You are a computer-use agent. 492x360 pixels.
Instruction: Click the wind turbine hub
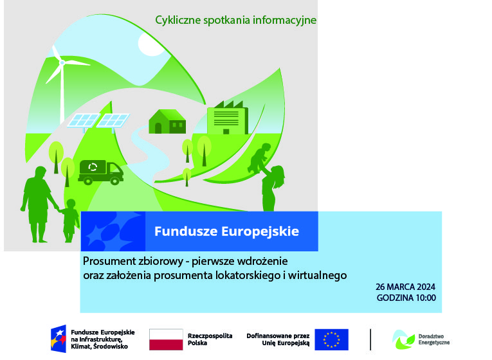point(62,63)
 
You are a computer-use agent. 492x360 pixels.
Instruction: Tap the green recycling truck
point(101,172)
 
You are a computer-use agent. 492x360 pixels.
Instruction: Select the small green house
point(167,122)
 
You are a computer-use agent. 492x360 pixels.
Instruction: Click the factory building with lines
point(228,118)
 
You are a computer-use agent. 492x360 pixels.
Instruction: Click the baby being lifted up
point(259,157)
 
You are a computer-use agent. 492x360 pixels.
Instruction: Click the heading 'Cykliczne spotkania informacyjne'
point(235,20)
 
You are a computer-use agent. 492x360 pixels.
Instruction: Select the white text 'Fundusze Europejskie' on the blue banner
point(226,231)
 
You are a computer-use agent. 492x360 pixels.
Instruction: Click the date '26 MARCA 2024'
point(405,287)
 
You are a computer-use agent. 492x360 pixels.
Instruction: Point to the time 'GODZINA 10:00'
point(406,298)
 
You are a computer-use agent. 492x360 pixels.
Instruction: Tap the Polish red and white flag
point(166,339)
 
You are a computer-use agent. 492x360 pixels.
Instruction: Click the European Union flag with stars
point(331,339)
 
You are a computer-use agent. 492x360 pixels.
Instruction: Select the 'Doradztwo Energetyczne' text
point(434,339)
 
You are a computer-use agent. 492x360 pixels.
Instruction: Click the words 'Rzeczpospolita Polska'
point(210,339)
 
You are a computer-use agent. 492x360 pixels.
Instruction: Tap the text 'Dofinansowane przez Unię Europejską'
point(278,339)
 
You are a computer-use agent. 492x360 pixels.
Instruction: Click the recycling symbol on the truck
point(93,167)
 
